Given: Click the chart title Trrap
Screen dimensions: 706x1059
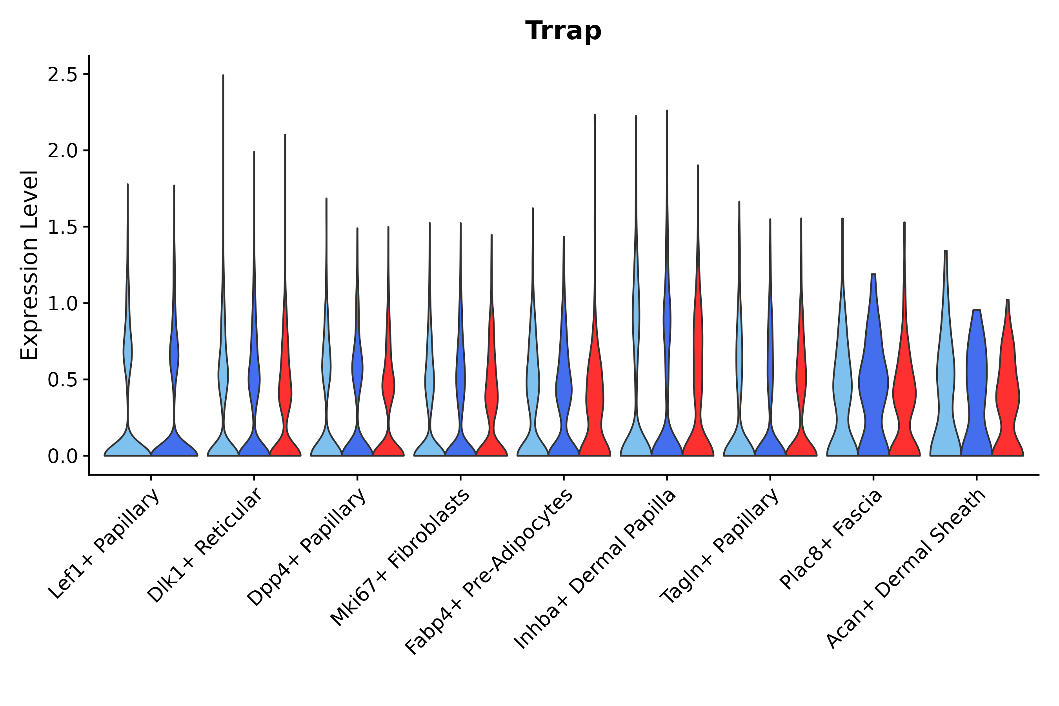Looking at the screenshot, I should [563, 31].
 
